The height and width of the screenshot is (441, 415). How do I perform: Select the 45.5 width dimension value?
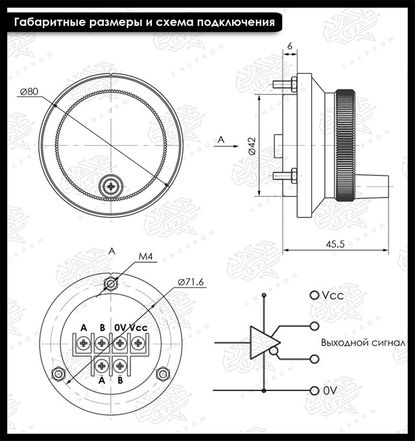pyautogui.click(x=335, y=243)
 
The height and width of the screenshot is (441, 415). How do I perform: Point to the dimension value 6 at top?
pyautogui.click(x=289, y=46)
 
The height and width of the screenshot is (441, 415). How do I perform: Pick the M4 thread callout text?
pyautogui.click(x=145, y=257)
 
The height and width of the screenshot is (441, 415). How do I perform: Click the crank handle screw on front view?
pyautogui.click(x=112, y=187)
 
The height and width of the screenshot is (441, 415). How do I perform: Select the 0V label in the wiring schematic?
pyautogui.click(x=330, y=391)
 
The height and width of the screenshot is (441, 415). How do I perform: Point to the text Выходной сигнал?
pyautogui.click(x=363, y=343)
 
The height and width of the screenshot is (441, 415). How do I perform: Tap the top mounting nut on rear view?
pyautogui.click(x=112, y=283)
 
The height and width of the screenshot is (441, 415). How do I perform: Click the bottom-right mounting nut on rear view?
pyautogui.click(x=165, y=373)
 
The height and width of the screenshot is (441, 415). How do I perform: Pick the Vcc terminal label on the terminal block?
pyautogui.click(x=138, y=328)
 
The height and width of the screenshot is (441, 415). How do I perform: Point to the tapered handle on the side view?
pyautogui.click(x=375, y=183)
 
